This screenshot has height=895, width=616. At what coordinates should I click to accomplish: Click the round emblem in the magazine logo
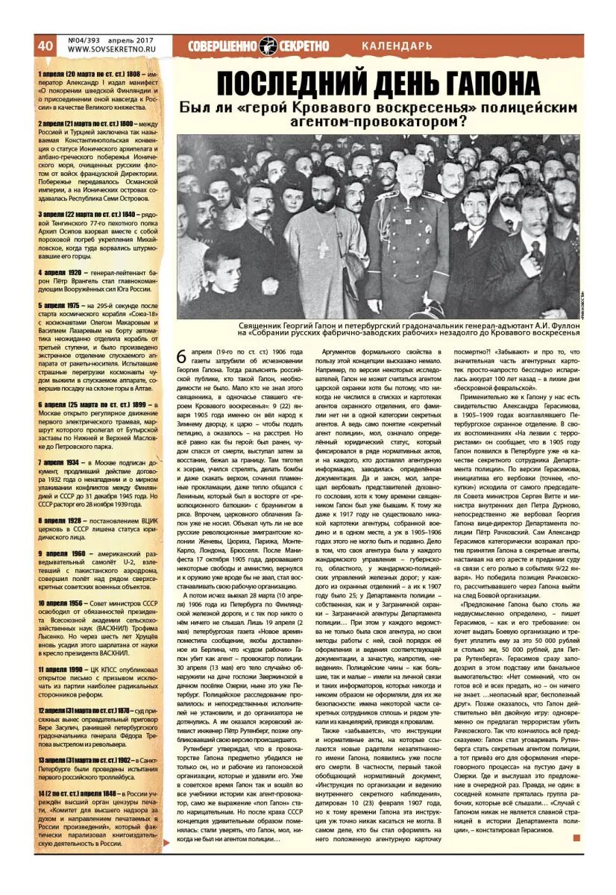coord(268,45)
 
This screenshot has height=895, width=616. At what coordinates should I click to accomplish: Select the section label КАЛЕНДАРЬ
coord(396,46)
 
